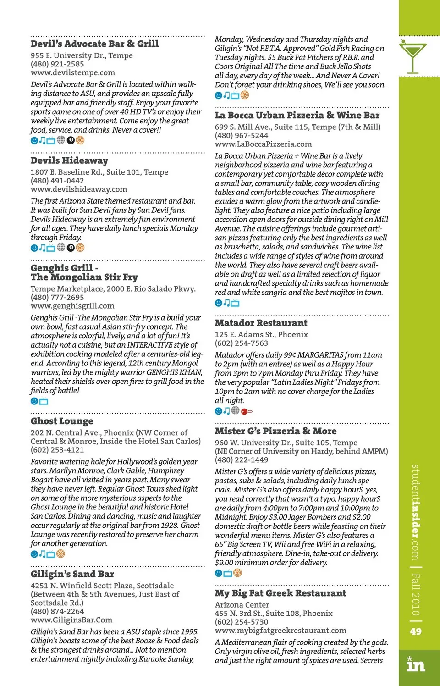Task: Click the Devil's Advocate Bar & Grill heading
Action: [94, 44]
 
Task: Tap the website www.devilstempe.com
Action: [72, 72]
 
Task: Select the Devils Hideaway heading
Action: [69, 160]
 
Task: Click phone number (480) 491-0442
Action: [57, 181]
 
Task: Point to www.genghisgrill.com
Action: [72, 306]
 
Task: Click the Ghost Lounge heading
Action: [62, 421]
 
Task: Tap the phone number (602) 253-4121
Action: [57, 450]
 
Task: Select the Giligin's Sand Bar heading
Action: [72, 574]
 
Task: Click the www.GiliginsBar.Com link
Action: [71, 620]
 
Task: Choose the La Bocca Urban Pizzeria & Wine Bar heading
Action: [297, 115]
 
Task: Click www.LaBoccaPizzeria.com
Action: [263, 144]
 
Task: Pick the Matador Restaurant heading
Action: [261, 323]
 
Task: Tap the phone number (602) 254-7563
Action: [242, 343]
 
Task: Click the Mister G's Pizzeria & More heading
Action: [275, 431]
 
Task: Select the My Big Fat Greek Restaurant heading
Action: [280, 593]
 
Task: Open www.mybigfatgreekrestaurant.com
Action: [280, 631]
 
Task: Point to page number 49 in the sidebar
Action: [416, 631]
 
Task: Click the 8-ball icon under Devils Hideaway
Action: [71, 248]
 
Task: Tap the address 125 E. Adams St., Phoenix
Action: [261, 335]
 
